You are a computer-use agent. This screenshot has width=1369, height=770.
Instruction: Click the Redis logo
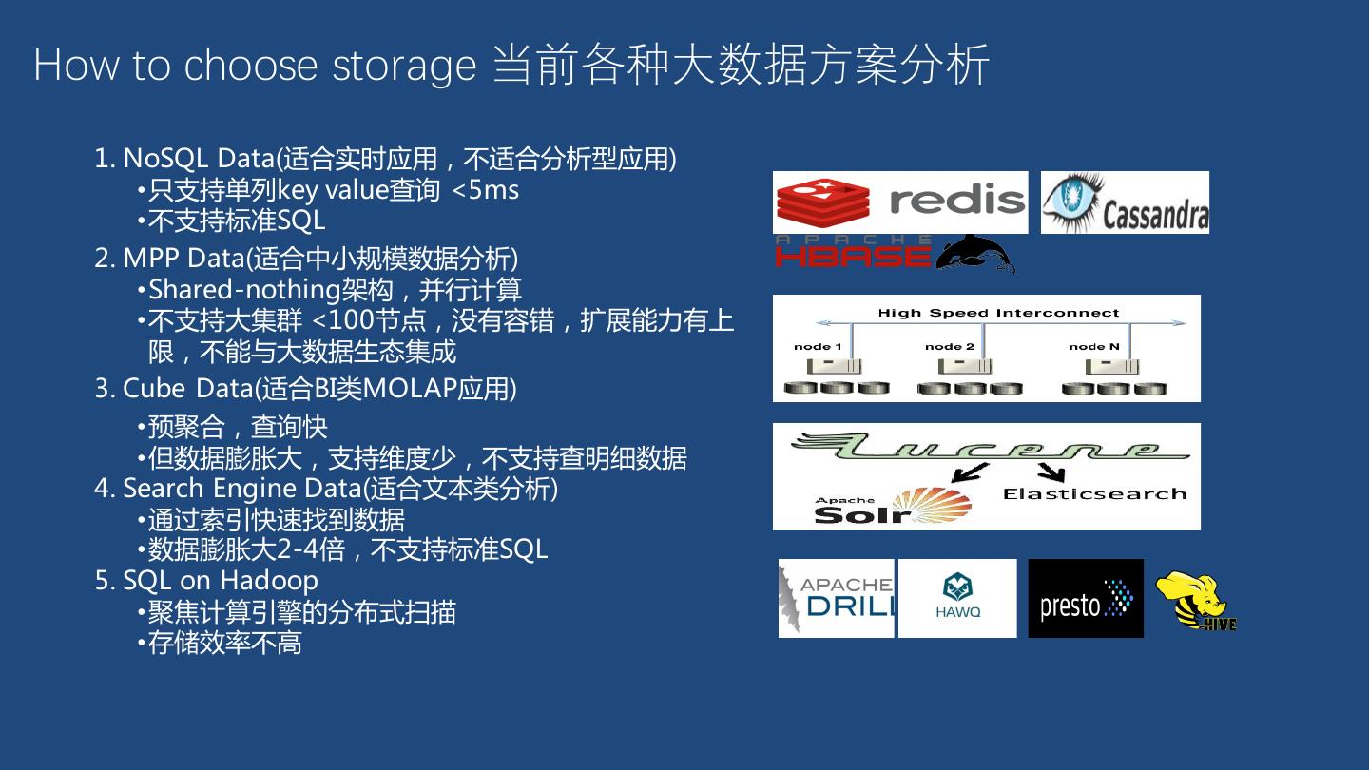(x=900, y=202)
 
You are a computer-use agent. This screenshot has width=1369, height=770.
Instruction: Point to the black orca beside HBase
(x=975, y=253)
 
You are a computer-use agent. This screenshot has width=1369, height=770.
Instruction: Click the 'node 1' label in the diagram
(x=818, y=346)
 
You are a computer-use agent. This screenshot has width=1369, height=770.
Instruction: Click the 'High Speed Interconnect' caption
(x=998, y=313)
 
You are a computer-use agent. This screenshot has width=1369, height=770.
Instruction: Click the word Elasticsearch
(x=1094, y=493)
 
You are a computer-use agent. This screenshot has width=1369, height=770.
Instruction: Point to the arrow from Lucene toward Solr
(x=970, y=472)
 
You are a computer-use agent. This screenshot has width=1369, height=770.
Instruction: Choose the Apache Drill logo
(x=837, y=598)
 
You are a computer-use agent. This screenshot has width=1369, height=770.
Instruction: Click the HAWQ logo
(x=957, y=598)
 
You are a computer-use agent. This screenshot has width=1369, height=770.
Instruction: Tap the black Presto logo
(x=1086, y=599)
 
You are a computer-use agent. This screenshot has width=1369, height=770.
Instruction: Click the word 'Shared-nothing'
(x=244, y=289)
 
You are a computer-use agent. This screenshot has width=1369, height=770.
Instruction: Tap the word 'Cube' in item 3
(x=155, y=388)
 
